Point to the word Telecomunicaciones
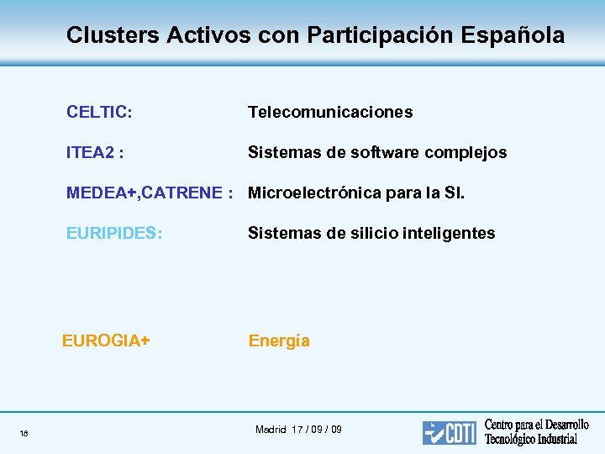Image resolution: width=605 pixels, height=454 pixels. coord(329,112)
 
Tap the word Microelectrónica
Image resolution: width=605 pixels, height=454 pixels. coord(315,193)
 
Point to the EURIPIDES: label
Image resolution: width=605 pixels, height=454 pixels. coord(114,233)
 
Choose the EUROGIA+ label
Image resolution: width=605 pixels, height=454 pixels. coord(106,340)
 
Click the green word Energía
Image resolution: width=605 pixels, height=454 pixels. coord(279,340)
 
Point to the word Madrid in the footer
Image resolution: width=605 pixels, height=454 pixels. coord(271,430)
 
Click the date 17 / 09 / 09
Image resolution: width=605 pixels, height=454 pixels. coord(317,430)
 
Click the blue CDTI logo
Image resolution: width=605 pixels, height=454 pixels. coord(450,432)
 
